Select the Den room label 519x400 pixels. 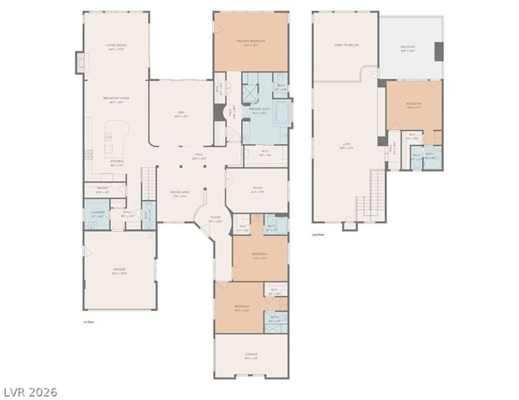click(180, 115)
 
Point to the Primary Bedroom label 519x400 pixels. click(249, 42)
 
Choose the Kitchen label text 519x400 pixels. click(117, 163)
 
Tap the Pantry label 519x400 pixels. click(103, 189)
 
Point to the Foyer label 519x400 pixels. click(214, 219)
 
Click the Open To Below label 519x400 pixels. click(345, 45)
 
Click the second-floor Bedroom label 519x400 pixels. click(414, 105)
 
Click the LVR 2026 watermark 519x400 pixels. click(29, 391)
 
